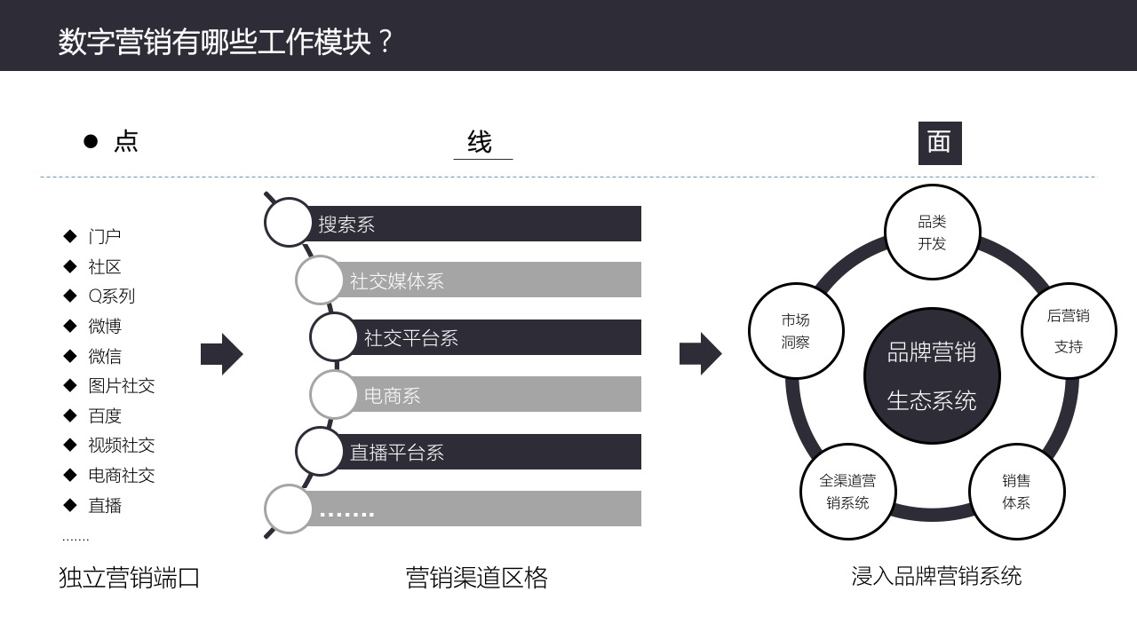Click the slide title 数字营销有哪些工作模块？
(x=226, y=42)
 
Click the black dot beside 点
(x=90, y=141)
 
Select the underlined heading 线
(x=481, y=142)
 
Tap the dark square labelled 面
(x=939, y=143)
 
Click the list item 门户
(x=105, y=236)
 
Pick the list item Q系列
(x=112, y=296)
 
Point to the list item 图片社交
(x=122, y=385)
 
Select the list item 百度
(x=105, y=415)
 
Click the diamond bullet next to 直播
(x=70, y=505)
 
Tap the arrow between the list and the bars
(x=221, y=354)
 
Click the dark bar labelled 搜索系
(x=480, y=224)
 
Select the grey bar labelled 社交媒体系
(x=493, y=280)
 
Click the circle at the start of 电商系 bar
(x=333, y=394)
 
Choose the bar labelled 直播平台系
(x=493, y=452)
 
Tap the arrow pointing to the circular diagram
(x=701, y=354)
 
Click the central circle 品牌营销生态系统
(x=932, y=376)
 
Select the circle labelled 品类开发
(x=932, y=233)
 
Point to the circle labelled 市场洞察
(x=796, y=331)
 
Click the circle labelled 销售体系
(x=1016, y=491)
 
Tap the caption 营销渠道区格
(x=477, y=578)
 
